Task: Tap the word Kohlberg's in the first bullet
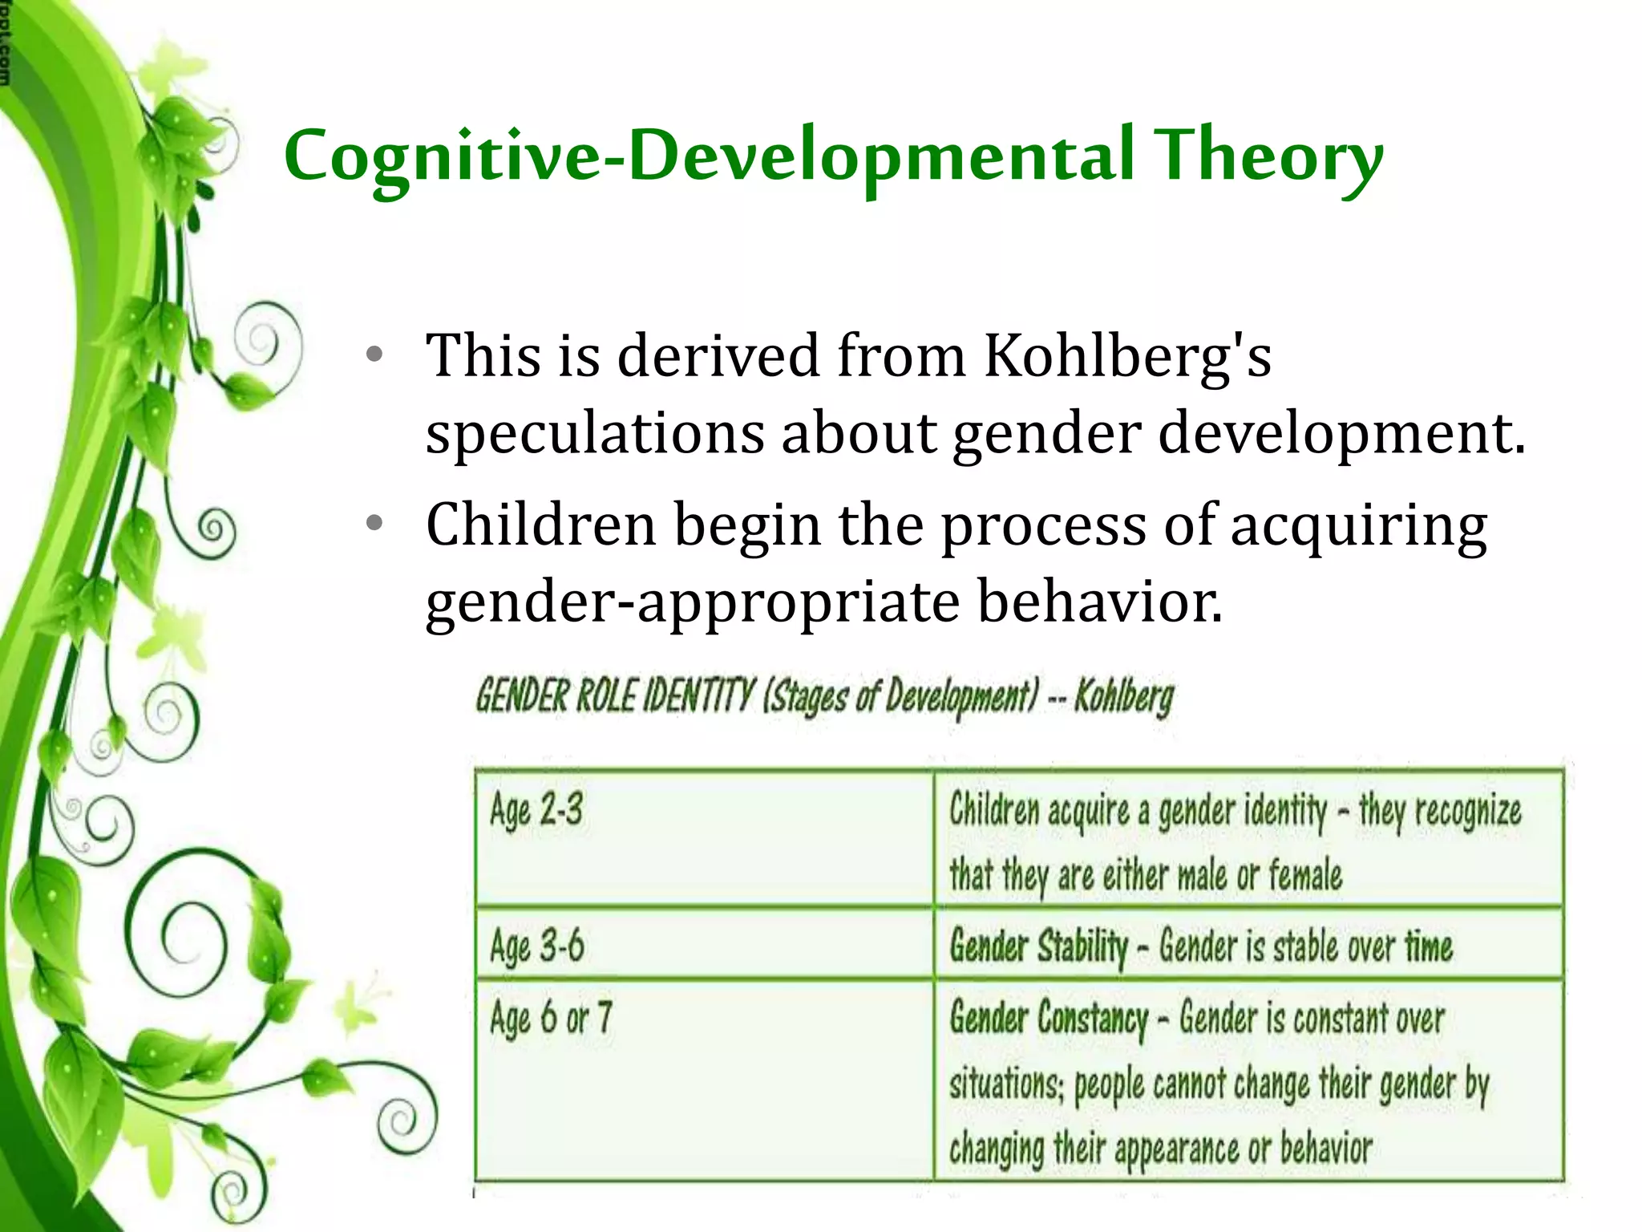(1127, 355)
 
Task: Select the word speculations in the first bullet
(594, 433)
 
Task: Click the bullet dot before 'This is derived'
(374, 355)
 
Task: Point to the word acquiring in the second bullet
(1358, 526)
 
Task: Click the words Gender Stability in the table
(1038, 946)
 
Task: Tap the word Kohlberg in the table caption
(1124, 696)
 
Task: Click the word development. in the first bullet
(1341, 433)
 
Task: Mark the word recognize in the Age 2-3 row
(1467, 810)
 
